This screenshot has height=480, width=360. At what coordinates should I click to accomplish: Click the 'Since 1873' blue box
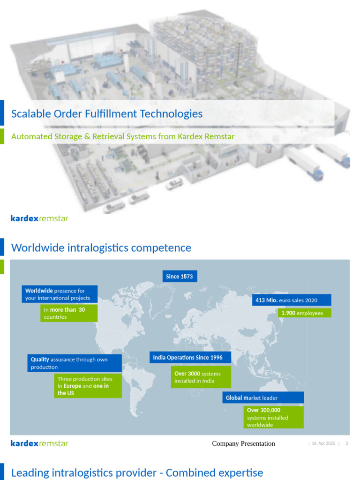[x=180, y=277]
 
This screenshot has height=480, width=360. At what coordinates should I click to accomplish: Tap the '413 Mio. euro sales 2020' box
[x=292, y=300]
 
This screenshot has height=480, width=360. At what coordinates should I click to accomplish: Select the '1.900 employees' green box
[x=305, y=313]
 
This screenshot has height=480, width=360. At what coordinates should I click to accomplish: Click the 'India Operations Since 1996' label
[x=190, y=358]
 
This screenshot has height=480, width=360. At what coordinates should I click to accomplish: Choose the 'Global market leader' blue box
[x=262, y=397]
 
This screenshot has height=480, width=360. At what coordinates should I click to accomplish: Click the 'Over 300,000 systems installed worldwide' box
[x=274, y=417]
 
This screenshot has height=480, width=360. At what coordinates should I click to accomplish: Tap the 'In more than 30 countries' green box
[x=68, y=313]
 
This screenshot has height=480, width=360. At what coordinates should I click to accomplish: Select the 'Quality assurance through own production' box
[x=74, y=363]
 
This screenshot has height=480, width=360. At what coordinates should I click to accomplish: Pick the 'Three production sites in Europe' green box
[x=88, y=386]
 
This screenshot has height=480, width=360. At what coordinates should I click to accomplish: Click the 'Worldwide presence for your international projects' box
[x=60, y=294]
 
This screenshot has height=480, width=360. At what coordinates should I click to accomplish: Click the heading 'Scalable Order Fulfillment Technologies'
[x=107, y=113]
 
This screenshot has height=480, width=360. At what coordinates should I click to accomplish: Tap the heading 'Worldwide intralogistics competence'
[x=101, y=247]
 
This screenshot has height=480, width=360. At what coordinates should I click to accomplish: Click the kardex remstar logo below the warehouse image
[x=39, y=218]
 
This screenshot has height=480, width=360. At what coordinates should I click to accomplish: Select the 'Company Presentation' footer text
[x=243, y=443]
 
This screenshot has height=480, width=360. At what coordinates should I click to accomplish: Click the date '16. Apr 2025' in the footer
[x=323, y=443]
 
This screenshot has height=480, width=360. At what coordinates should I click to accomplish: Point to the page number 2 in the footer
[x=346, y=443]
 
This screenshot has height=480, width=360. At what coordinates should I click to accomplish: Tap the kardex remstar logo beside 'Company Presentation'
[x=39, y=443]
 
